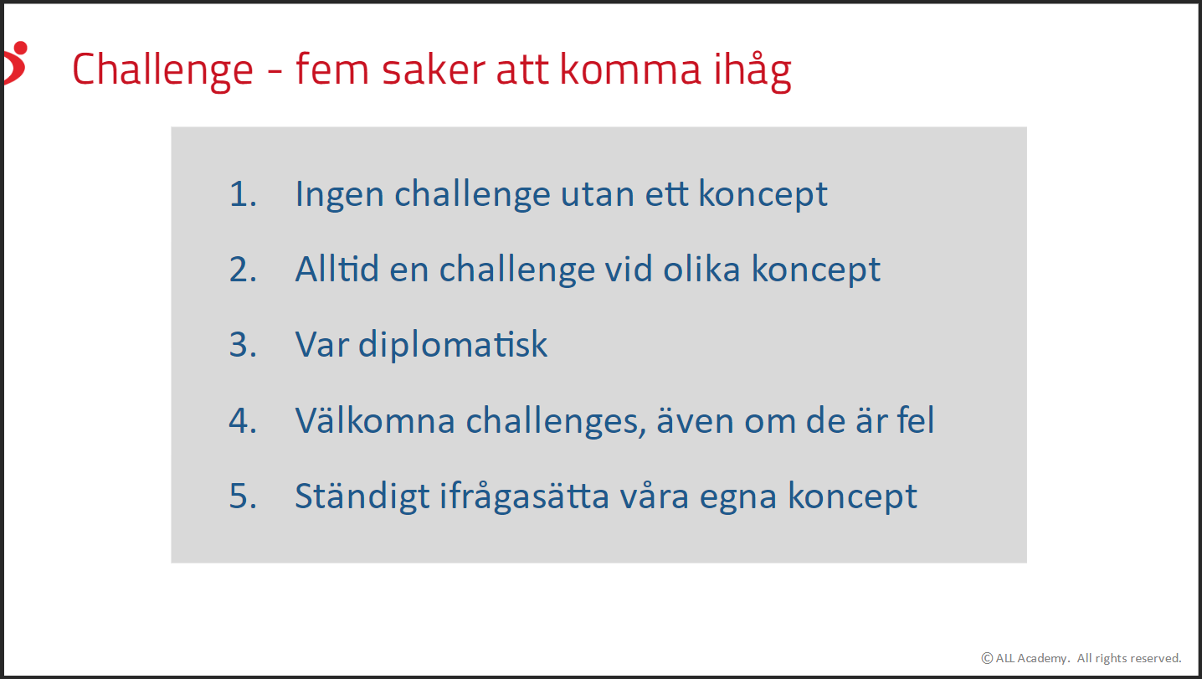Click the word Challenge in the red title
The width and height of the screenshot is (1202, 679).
tap(162, 70)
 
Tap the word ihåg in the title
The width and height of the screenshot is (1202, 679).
tap(753, 70)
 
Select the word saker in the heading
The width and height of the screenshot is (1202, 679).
tap(434, 69)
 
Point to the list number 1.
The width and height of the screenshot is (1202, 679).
tap(243, 193)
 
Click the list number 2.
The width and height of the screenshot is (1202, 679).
tap(243, 270)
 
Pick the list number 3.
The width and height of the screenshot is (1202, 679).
tap(243, 345)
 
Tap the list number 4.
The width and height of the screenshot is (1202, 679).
tap(243, 420)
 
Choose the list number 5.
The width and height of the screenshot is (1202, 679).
tap(243, 496)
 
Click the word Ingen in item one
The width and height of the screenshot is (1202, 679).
tap(340, 195)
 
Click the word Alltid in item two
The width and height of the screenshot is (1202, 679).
tap(337, 269)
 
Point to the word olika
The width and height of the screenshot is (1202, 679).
tap(702, 269)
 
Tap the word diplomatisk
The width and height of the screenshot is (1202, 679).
tap(453, 345)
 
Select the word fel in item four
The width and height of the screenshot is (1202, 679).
tap(916, 419)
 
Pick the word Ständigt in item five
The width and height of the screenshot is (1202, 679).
tap(362, 496)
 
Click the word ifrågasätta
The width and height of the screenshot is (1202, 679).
tap(525, 496)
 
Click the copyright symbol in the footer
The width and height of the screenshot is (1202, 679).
tap(987, 658)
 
